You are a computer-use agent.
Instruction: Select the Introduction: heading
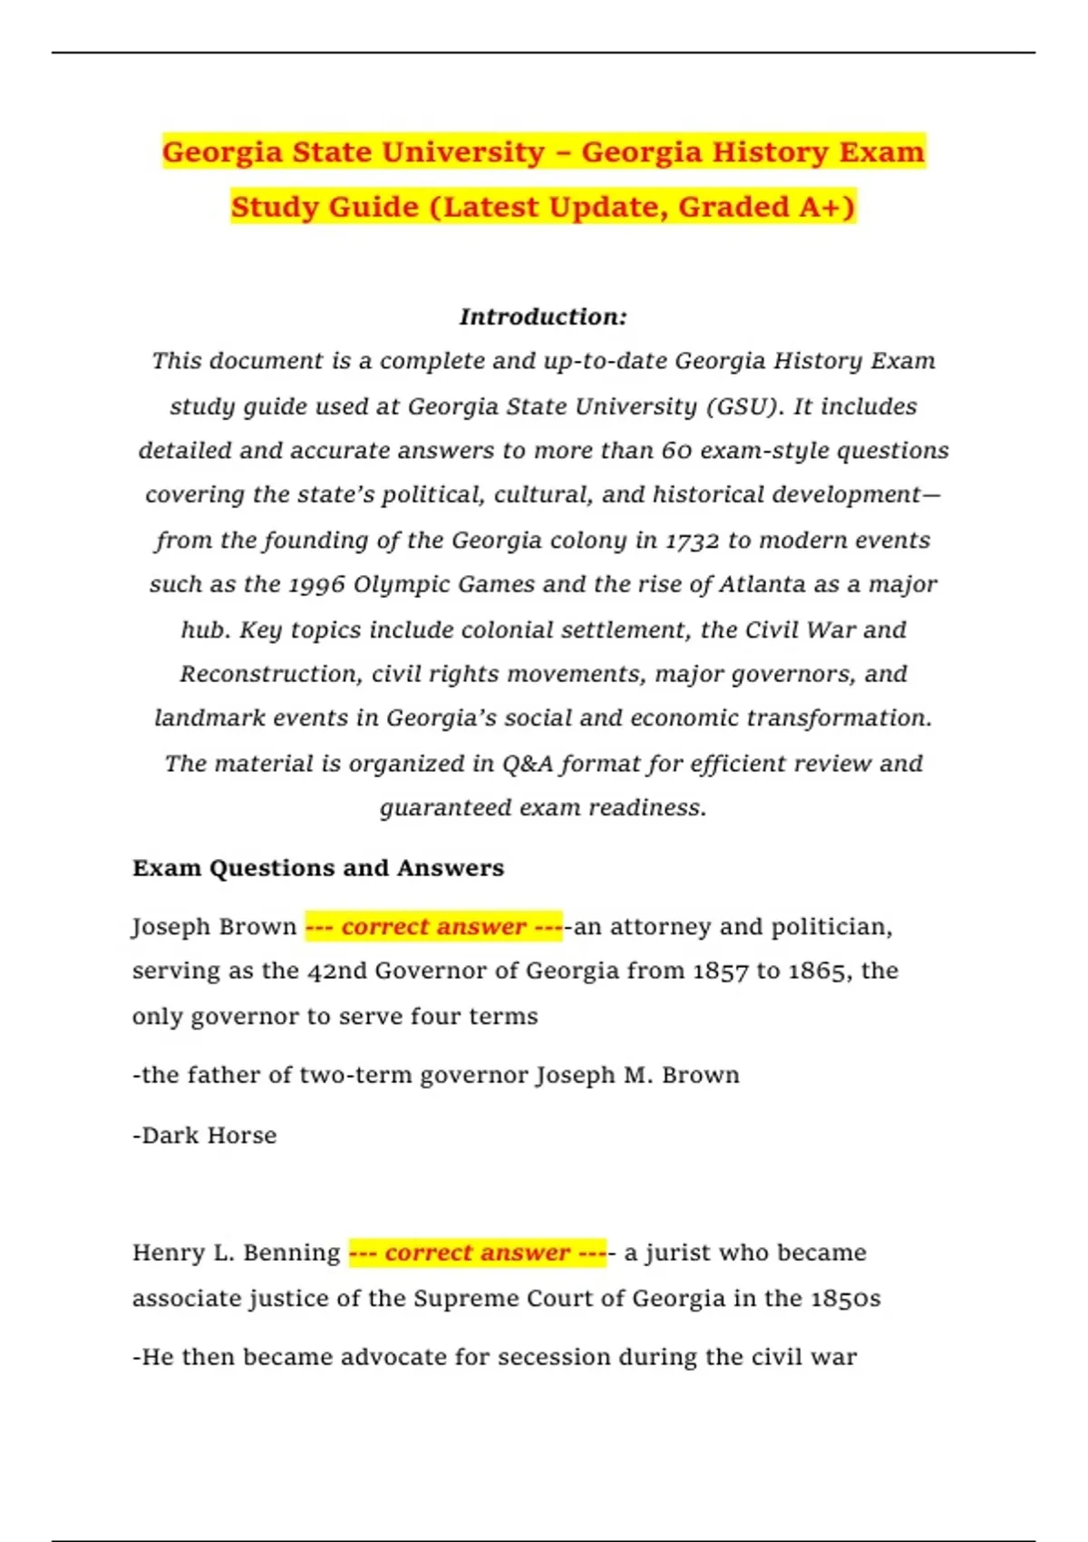point(543,317)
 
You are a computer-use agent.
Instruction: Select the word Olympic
point(402,585)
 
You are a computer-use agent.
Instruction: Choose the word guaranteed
point(445,808)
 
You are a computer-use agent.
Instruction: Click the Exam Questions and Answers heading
point(318,868)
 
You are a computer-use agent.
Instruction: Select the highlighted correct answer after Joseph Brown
point(433,926)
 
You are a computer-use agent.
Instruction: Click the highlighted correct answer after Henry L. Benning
point(477,1253)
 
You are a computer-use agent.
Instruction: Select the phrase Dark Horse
point(209,1136)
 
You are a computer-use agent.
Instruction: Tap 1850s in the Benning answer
point(845,1299)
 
